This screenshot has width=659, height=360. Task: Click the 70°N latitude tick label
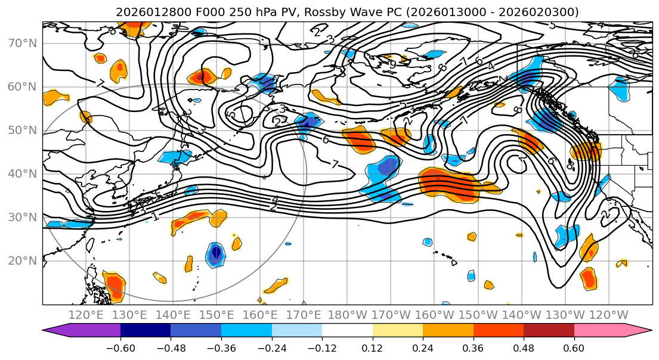(23, 43)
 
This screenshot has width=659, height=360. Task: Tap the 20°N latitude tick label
(23, 260)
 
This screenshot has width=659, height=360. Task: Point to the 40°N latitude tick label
(23, 173)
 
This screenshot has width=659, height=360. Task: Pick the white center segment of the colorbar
(347, 331)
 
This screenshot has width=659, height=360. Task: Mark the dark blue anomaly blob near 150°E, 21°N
(215, 254)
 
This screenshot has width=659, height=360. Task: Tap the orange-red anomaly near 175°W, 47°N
(360, 141)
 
